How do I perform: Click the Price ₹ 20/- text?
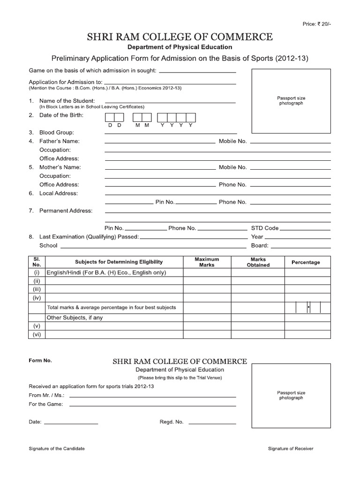[x=317, y=24]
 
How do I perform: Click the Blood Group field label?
[x=57, y=133]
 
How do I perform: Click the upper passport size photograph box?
[x=291, y=101]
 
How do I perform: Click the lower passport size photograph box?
[x=291, y=395]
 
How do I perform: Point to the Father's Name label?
[x=60, y=141]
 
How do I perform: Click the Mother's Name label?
[x=60, y=167]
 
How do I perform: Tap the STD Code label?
[x=265, y=228]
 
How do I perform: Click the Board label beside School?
[x=260, y=246]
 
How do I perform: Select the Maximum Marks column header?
[x=207, y=262]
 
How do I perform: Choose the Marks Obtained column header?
[x=258, y=262]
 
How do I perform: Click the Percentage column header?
[x=306, y=262]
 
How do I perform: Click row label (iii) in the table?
[x=37, y=289]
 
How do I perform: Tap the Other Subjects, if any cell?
[x=74, y=318]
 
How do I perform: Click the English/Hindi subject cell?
[x=106, y=272]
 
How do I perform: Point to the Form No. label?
[x=40, y=361]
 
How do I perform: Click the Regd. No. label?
[x=172, y=422]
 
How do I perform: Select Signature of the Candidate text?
[x=57, y=449]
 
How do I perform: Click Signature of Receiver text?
[x=291, y=449]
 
